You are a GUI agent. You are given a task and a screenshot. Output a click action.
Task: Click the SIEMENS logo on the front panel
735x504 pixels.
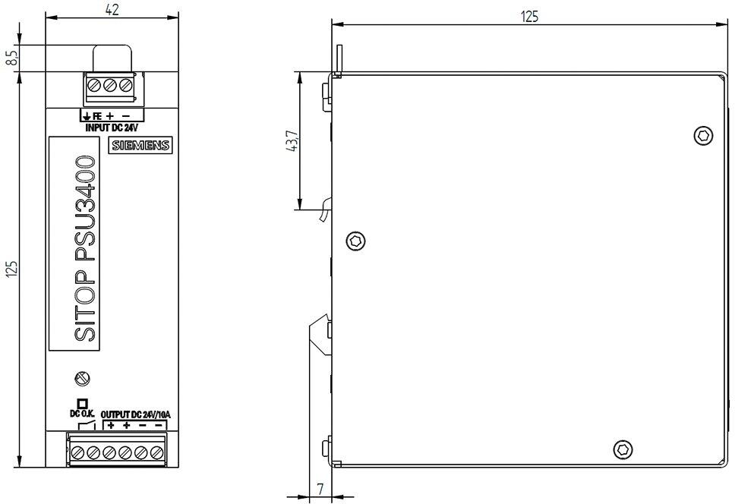pyautogui.click(x=140, y=145)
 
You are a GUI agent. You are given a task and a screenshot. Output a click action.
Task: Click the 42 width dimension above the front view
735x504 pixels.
pyautogui.click(x=112, y=9)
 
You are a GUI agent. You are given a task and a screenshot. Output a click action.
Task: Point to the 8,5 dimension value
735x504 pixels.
pyautogui.click(x=12, y=58)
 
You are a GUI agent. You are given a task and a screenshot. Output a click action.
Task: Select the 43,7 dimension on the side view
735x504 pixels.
pyautogui.click(x=292, y=140)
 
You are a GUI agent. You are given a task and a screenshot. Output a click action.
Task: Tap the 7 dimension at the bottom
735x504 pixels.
pyautogui.click(x=320, y=490)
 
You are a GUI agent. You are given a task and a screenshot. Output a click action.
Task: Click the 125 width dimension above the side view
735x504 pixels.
pyautogui.click(x=530, y=17)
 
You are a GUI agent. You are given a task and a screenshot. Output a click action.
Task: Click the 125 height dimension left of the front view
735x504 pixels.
pyautogui.click(x=12, y=269)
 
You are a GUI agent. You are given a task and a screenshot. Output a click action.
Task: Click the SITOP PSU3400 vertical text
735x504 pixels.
pyautogui.click(x=85, y=249)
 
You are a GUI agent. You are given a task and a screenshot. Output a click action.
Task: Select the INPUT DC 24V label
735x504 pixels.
pyautogui.click(x=112, y=128)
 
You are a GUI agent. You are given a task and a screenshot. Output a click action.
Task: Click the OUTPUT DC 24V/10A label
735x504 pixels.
pyautogui.click(x=136, y=414)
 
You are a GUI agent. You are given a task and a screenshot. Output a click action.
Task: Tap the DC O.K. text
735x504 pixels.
pyautogui.click(x=82, y=414)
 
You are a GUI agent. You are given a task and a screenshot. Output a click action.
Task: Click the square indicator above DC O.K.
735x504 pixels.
pyautogui.click(x=82, y=404)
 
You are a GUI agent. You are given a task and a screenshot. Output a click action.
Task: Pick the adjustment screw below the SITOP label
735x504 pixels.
pyautogui.click(x=83, y=378)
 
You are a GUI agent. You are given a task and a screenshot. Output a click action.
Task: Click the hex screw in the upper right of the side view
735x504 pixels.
pyautogui.click(x=703, y=136)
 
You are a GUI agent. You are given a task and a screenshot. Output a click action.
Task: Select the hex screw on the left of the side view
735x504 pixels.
pyautogui.click(x=356, y=241)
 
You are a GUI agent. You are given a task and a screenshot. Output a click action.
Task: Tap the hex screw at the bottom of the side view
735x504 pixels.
pyautogui.click(x=623, y=449)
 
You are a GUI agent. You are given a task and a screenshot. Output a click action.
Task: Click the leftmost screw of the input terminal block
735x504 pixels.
pyautogui.click(x=94, y=86)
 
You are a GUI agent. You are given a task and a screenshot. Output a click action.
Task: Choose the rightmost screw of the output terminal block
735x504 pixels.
pyautogui.click(x=156, y=453)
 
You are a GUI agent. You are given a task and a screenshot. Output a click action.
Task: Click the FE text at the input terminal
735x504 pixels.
pyautogui.click(x=97, y=116)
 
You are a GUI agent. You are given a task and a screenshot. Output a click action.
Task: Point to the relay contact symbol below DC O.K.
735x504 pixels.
pyautogui.click(x=87, y=425)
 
